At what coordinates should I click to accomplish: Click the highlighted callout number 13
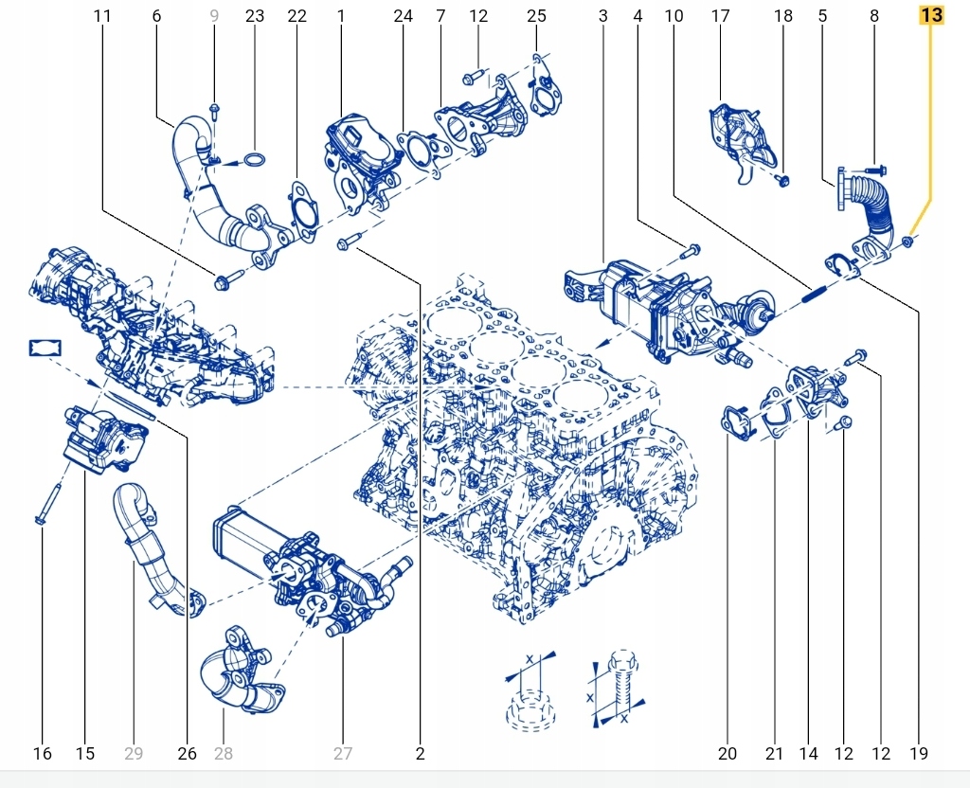931,16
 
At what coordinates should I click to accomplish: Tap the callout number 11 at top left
102,16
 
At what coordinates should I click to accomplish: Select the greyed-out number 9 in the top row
214,16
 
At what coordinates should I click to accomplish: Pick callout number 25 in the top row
536,16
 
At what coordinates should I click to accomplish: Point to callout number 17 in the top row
721,16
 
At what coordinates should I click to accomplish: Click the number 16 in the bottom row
42,754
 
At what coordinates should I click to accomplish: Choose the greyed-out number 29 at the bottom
134,754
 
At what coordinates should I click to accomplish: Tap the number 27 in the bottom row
342,754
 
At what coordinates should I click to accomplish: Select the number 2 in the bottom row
420,754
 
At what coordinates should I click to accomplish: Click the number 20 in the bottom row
727,754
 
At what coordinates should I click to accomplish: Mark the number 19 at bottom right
918,754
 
